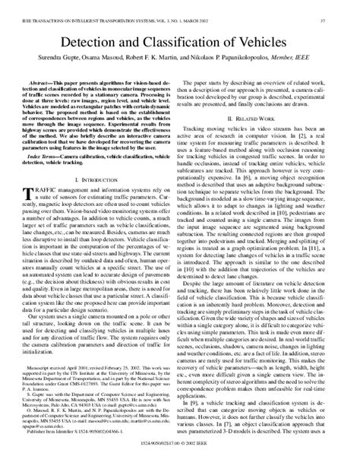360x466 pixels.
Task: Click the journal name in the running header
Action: pos(99,8)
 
